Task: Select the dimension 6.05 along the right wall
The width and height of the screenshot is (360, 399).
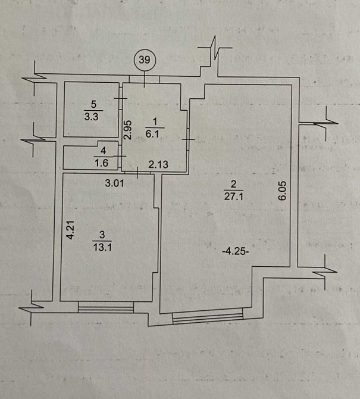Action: coord(283,194)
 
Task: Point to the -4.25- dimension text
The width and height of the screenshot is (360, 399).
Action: coord(234,251)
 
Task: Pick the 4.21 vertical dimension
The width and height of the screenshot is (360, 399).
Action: coord(70,229)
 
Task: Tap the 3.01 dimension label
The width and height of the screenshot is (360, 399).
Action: coord(114,183)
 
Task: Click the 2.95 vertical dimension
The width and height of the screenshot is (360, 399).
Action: coord(127,130)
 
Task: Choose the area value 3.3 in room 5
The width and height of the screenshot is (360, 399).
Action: coord(92,117)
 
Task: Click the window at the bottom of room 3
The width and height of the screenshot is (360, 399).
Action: coord(105,307)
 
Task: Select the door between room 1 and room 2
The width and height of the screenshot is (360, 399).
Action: coord(187,139)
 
